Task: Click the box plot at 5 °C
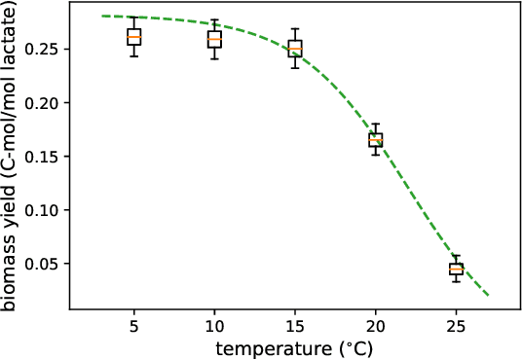tap(134, 37)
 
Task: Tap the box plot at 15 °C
tap(295, 48)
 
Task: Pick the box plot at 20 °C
tap(375, 140)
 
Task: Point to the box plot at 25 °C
tap(456, 269)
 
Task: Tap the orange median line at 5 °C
tap(134, 37)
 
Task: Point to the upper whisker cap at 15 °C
tap(295, 29)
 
